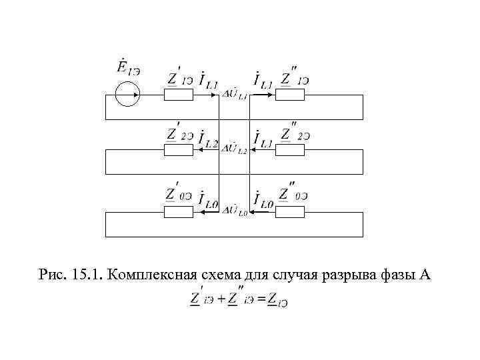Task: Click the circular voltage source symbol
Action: pos(127,95)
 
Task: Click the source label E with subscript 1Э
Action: pos(127,68)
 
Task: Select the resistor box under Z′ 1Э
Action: pos(179,95)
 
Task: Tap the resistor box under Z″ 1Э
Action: pos(290,95)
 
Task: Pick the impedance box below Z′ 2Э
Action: pos(179,149)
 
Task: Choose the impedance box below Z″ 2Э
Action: pos(290,149)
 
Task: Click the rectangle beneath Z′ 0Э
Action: pos(179,212)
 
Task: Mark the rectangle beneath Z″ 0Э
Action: pos(290,212)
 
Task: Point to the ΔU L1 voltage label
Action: pos(235,97)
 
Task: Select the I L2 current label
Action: pos(208,141)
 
